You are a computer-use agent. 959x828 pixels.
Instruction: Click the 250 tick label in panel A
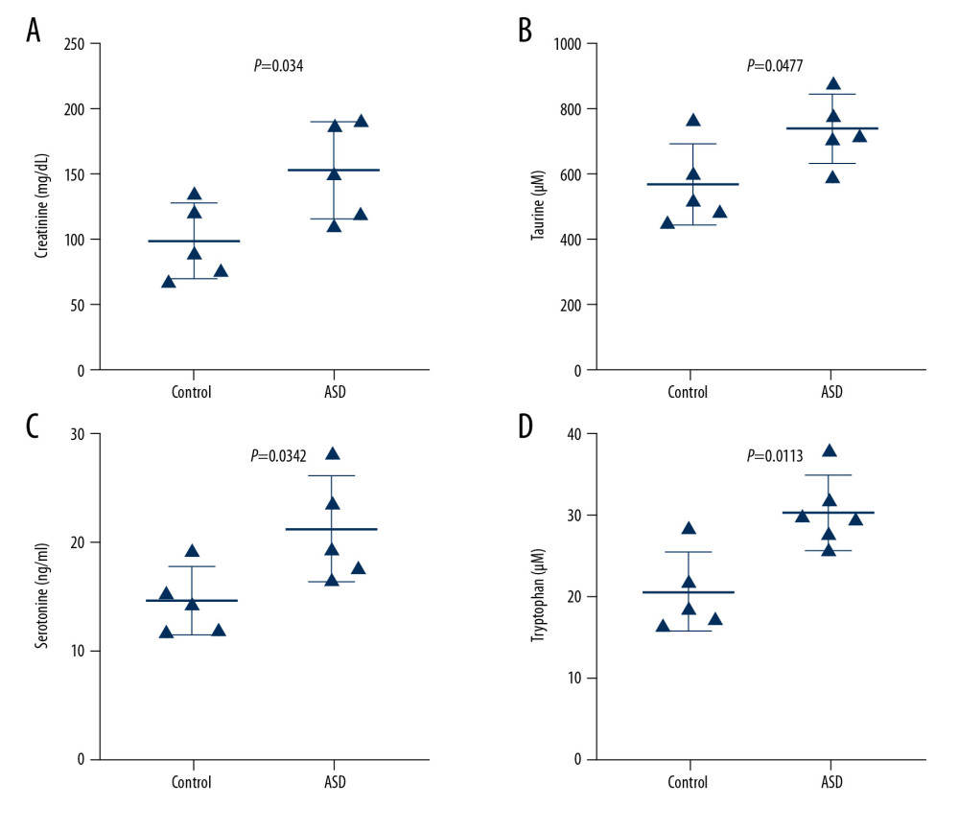tap(74, 44)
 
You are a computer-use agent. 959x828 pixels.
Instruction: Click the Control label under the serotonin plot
tap(193, 782)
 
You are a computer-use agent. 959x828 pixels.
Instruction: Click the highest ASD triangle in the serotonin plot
tap(333, 453)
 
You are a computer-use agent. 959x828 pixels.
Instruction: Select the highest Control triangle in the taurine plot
tap(693, 120)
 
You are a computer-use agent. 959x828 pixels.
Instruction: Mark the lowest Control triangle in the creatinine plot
tap(169, 282)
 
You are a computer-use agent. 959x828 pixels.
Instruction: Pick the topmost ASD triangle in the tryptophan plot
tap(830, 450)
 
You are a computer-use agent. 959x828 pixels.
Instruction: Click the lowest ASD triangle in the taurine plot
tap(806, 176)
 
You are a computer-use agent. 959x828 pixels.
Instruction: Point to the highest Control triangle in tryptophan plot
tap(689, 528)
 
